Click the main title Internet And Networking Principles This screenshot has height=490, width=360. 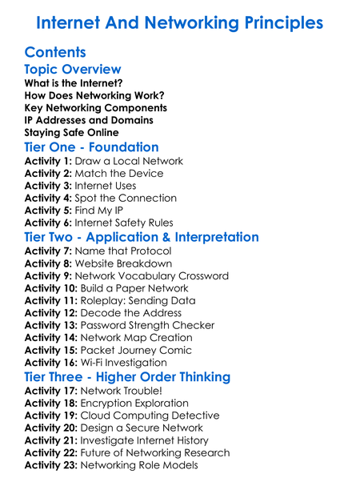[x=180, y=22]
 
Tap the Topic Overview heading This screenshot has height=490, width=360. [x=73, y=70]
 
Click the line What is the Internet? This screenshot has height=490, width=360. [x=74, y=83]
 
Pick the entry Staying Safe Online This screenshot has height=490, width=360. [x=71, y=132]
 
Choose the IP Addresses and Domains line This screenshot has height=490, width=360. [x=88, y=120]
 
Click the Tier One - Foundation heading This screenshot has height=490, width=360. [x=91, y=147]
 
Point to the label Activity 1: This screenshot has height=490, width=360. [x=48, y=161]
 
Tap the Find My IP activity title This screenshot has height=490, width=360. [x=103, y=211]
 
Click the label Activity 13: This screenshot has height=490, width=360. [x=51, y=325]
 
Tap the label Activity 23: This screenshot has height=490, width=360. [x=51, y=465]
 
